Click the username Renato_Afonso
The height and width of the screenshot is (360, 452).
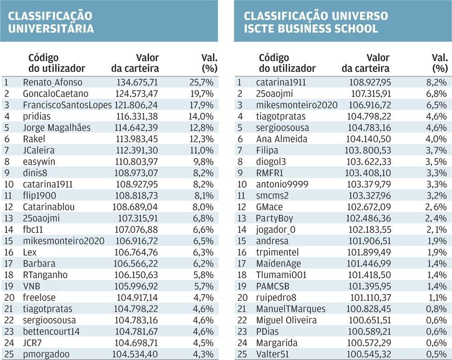[52, 82]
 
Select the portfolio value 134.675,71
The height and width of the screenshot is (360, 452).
[137, 82]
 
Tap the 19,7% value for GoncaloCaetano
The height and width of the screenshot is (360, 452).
[202, 94]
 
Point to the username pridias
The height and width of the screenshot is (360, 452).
[37, 117]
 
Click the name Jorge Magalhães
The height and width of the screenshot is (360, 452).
[57, 128]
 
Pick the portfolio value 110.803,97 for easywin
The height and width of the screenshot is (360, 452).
[137, 161]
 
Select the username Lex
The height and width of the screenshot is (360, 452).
[30, 252]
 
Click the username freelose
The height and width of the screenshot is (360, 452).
[39, 298]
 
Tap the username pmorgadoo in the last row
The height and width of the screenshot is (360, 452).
[46, 354]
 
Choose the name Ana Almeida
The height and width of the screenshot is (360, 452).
[282, 139]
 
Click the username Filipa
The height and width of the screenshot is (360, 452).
[267, 150]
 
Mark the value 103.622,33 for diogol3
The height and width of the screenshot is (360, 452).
[368, 161]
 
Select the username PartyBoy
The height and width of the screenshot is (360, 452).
[274, 218]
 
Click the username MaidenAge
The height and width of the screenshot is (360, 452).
[278, 264]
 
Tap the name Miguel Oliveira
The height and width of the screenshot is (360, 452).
[287, 320]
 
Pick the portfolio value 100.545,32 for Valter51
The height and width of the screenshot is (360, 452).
[369, 354]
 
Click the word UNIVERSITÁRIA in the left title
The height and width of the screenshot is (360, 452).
[51, 28]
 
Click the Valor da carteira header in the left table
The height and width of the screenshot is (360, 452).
[135, 63]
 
